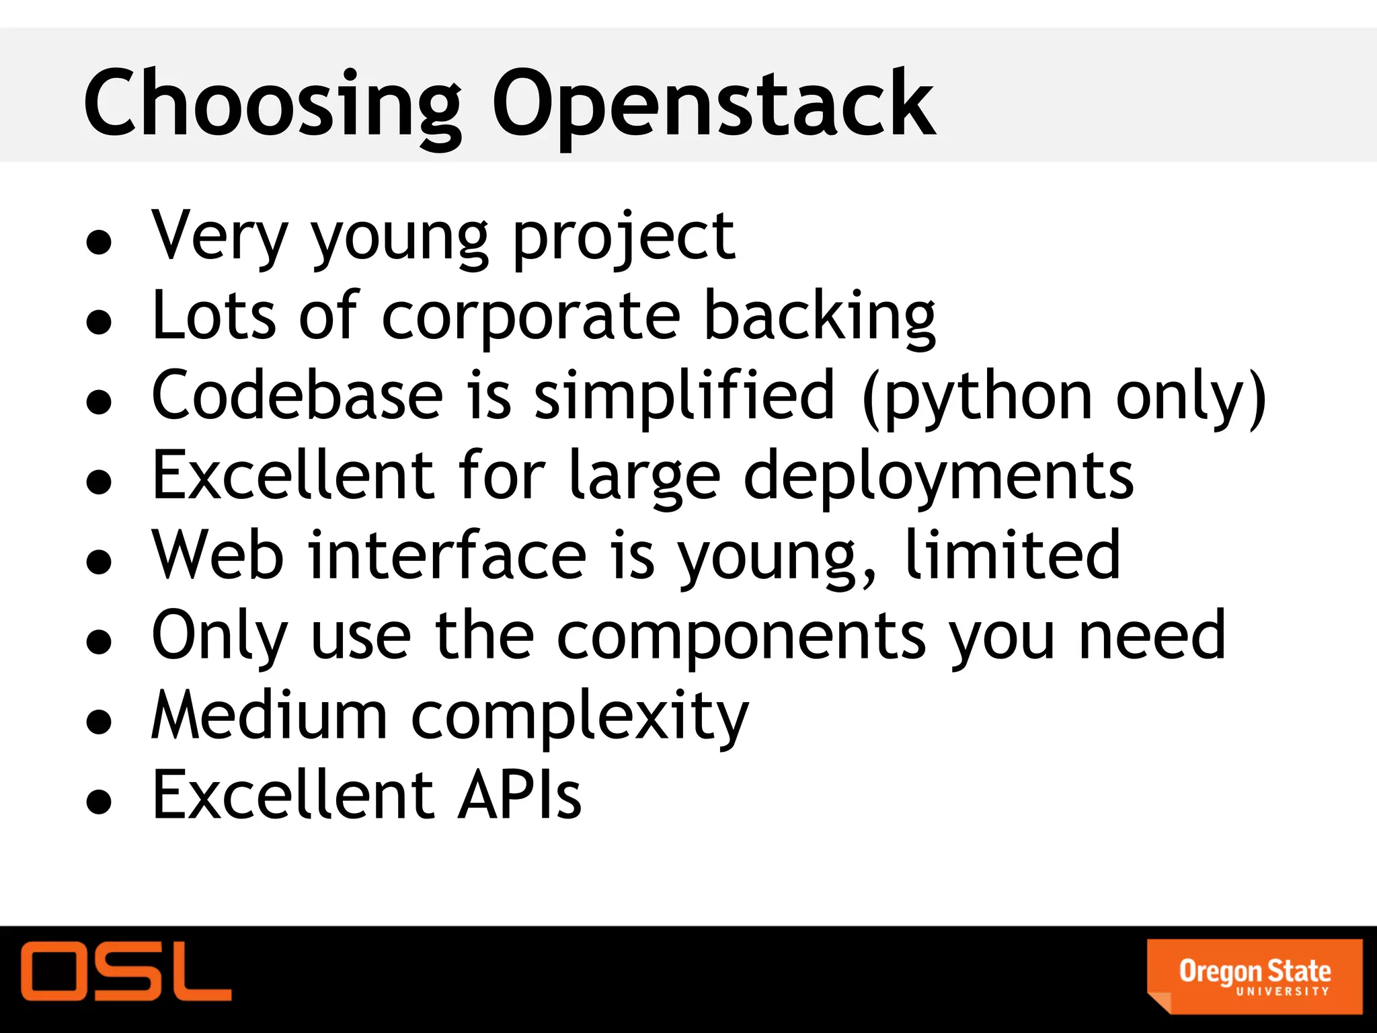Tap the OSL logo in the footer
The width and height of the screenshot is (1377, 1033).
[x=126, y=971]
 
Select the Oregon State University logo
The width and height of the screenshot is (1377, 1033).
[x=1255, y=976]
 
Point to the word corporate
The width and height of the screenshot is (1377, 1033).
[x=531, y=316]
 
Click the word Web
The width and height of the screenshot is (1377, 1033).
[x=217, y=555]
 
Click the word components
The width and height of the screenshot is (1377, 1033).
[x=742, y=636]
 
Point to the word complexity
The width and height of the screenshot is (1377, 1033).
[x=580, y=716]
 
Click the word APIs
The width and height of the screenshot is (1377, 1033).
[x=519, y=795]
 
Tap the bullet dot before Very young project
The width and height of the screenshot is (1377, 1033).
[x=99, y=243]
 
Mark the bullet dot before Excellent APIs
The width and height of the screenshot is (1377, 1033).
[x=99, y=801]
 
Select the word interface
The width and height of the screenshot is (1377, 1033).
[x=447, y=555]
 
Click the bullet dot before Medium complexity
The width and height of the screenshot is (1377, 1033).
[x=99, y=722]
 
